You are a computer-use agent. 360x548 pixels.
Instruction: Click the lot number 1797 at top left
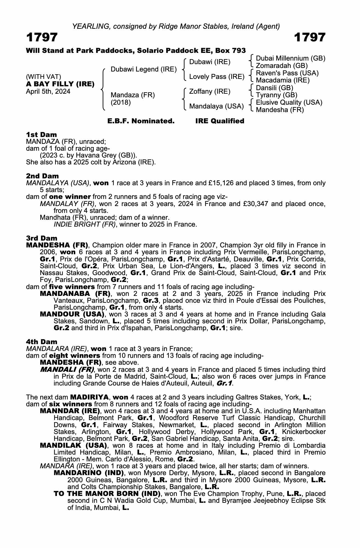tap(42, 37)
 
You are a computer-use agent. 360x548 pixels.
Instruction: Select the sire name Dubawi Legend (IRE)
tap(143, 69)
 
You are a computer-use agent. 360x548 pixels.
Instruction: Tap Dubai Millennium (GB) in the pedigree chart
tap(290, 58)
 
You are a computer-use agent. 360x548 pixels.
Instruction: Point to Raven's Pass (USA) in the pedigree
tap(287, 73)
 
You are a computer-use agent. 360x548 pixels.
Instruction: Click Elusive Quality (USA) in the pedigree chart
tap(289, 102)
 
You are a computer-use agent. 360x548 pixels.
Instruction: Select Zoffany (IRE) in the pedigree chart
tap(210, 91)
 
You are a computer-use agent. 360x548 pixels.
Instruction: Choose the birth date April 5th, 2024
tap(48, 91)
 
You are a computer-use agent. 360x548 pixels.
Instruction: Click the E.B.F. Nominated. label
tap(141, 121)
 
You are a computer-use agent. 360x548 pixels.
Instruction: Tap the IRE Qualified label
tap(220, 121)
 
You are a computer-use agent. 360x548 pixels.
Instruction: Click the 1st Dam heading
tap(41, 135)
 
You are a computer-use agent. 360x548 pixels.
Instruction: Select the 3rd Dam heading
tap(42, 238)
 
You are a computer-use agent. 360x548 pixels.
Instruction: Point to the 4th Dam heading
tap(42, 342)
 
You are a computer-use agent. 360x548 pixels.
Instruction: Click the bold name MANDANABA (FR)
tap(75, 294)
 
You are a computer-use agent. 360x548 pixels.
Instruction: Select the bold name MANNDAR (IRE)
tap(70, 411)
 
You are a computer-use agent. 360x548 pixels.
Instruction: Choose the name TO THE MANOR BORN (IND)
tap(107, 494)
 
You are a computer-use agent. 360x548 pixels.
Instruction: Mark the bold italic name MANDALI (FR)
tap(67, 370)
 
